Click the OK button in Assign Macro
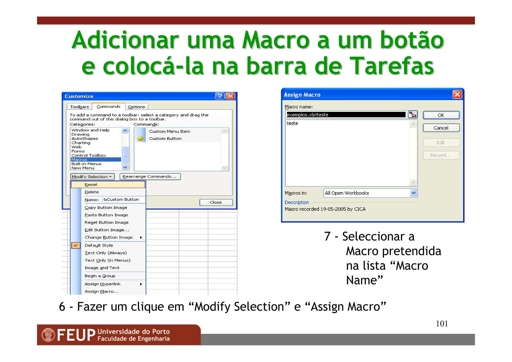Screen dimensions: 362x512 (441, 115)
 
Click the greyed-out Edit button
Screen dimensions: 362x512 (441, 143)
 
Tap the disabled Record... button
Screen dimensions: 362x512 (441, 155)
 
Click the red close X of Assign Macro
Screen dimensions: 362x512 (457, 95)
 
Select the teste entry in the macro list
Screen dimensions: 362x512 (292, 123)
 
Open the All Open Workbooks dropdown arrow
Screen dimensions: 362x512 (413, 193)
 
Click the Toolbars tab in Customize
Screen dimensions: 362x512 (79, 107)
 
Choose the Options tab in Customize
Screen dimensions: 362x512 (136, 107)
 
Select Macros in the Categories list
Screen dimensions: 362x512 (79, 160)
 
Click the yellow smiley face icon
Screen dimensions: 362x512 (140, 138)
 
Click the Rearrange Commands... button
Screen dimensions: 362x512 (150, 177)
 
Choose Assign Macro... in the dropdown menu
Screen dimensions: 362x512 (101, 291)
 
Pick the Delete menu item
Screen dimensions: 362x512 (92, 192)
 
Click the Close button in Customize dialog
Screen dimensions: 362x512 (216, 202)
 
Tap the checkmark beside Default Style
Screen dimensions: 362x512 (75, 245)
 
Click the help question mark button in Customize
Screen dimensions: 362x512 (220, 96)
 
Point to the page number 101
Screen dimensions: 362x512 (442, 324)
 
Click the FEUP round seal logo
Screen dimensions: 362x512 (48, 335)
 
